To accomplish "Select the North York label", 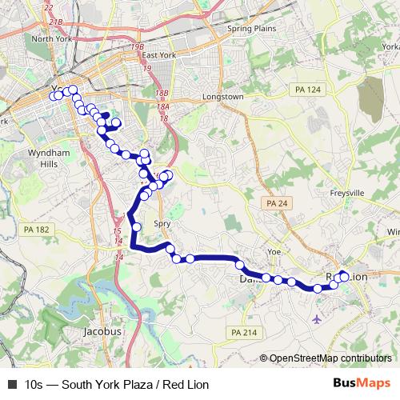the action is (53, 39).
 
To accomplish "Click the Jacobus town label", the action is (103, 330).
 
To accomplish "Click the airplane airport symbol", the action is (318, 320).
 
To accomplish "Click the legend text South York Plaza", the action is (96, 385).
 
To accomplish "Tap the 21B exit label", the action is (55, 22).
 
